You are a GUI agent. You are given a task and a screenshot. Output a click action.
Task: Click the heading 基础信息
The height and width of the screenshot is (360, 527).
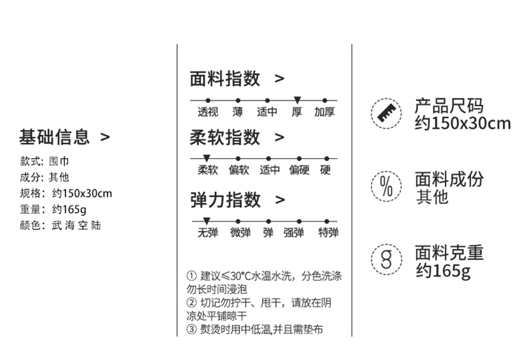55,136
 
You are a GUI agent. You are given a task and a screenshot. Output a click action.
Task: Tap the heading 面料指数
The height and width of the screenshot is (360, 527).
225,78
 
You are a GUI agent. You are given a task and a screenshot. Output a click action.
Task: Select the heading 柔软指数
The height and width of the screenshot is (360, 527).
225,136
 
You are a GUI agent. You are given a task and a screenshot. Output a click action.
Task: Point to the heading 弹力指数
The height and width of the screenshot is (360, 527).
225,200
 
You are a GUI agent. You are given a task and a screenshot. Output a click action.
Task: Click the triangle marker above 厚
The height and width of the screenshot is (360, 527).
297,100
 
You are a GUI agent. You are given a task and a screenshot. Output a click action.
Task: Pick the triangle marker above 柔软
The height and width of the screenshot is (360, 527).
207,157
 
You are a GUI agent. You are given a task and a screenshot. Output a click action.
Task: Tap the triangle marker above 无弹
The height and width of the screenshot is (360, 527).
207,221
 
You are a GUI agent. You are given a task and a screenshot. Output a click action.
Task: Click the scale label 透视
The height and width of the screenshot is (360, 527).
208,112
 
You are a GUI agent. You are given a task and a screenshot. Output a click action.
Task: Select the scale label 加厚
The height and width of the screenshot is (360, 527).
325,112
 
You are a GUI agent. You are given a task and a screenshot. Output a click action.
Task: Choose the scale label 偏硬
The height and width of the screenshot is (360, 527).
299,169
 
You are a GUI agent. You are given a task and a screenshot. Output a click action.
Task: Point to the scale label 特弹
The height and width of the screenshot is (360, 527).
328,233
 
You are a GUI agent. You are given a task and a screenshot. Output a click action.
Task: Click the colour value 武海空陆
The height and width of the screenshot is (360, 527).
77,226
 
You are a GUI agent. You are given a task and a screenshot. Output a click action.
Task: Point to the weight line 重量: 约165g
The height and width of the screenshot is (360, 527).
53,210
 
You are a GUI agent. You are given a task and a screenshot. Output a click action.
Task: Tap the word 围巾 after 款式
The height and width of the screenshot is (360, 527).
61,161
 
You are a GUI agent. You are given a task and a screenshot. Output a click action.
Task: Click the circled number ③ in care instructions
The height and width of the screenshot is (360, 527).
191,330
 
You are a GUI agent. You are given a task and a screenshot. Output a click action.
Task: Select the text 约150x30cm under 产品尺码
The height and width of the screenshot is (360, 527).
462,124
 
